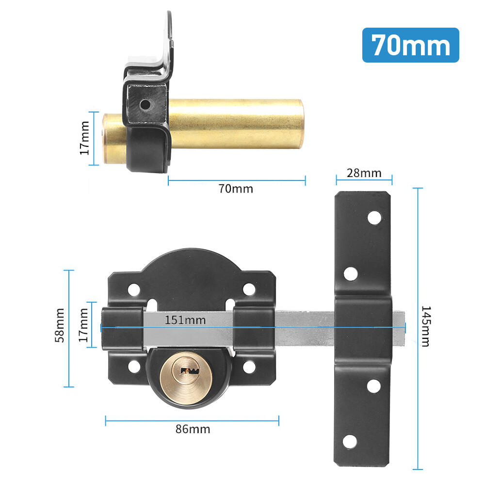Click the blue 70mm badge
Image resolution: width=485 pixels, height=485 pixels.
[x=410, y=45]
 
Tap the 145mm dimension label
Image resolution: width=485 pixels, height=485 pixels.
[x=425, y=326]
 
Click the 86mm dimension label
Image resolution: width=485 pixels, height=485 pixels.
[x=193, y=429]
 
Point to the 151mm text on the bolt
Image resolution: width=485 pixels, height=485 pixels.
[x=185, y=320]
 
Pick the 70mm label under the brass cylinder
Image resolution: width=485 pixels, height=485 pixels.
[x=236, y=189]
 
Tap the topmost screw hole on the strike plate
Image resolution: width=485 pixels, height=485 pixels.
[x=374, y=218]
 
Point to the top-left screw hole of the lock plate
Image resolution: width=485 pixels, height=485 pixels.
[x=133, y=290]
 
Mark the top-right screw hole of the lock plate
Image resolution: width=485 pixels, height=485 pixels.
[x=248, y=290]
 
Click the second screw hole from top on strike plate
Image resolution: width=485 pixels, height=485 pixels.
[x=350, y=274]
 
